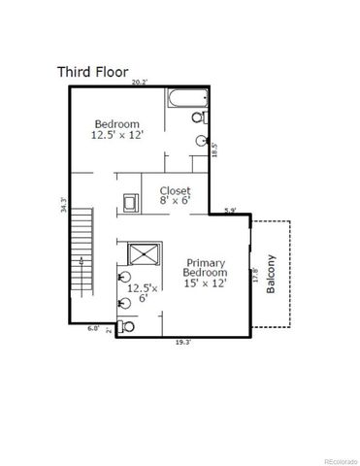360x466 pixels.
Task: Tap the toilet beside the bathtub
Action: pyautogui.click(x=199, y=117)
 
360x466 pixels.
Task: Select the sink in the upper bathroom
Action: pyautogui.click(x=202, y=141)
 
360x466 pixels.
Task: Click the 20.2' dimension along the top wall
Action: pyautogui.click(x=139, y=83)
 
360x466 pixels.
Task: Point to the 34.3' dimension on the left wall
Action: pyautogui.click(x=62, y=205)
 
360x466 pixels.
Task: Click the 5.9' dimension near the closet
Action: pyautogui.click(x=230, y=210)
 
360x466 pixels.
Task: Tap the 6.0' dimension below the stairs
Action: pyautogui.click(x=93, y=328)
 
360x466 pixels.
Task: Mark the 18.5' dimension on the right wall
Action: pyautogui.click(x=214, y=151)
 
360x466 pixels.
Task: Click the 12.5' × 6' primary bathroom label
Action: pyautogui.click(x=142, y=294)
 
